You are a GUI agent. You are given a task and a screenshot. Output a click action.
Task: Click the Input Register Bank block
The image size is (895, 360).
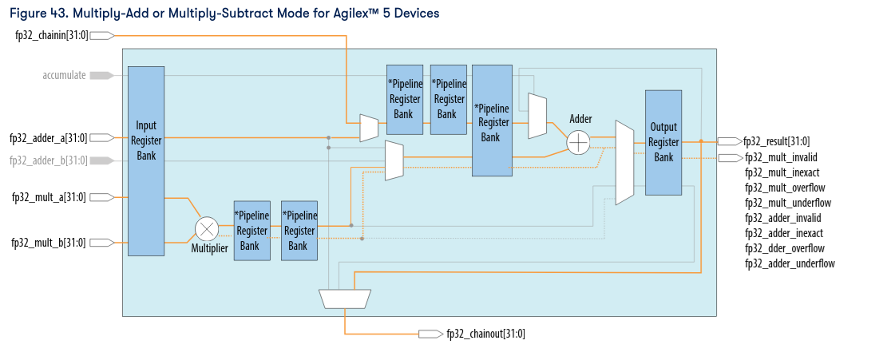145,160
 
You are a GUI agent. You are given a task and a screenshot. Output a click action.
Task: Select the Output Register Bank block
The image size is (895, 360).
663,142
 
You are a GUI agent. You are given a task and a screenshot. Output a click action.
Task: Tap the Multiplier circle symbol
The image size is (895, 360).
207,229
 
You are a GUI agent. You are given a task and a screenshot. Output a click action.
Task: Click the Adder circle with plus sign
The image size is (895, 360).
578,142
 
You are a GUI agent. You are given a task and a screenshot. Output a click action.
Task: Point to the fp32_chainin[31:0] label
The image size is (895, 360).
52,35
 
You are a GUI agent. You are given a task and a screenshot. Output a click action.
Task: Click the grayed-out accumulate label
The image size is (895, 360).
64,75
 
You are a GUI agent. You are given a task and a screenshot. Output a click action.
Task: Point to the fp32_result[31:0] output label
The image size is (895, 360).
776,141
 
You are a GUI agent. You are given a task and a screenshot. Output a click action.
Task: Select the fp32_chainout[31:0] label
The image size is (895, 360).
485,334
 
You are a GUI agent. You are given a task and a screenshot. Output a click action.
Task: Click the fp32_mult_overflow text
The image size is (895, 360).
784,188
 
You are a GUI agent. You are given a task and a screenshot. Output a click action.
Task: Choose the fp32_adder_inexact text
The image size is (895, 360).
783,233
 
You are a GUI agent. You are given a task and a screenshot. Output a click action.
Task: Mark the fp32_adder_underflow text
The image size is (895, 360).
790,263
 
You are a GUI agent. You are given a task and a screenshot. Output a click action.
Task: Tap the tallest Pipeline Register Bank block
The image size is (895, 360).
491,121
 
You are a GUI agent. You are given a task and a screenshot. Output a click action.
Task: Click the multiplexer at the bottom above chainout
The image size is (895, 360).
345,299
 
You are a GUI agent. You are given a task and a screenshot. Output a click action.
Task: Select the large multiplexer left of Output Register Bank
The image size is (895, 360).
624,163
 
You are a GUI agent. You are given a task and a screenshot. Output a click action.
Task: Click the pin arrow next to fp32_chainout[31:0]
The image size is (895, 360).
430,334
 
